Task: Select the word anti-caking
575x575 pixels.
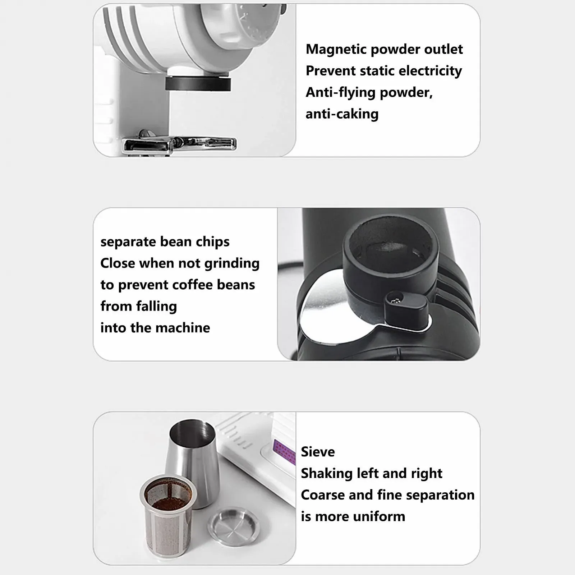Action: (342, 114)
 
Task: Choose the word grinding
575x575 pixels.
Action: (232, 263)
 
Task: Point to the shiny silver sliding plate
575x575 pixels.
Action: (323, 309)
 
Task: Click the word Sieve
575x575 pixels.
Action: (318, 452)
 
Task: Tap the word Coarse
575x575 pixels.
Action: (322, 495)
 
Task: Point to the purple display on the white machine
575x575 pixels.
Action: (284, 451)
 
